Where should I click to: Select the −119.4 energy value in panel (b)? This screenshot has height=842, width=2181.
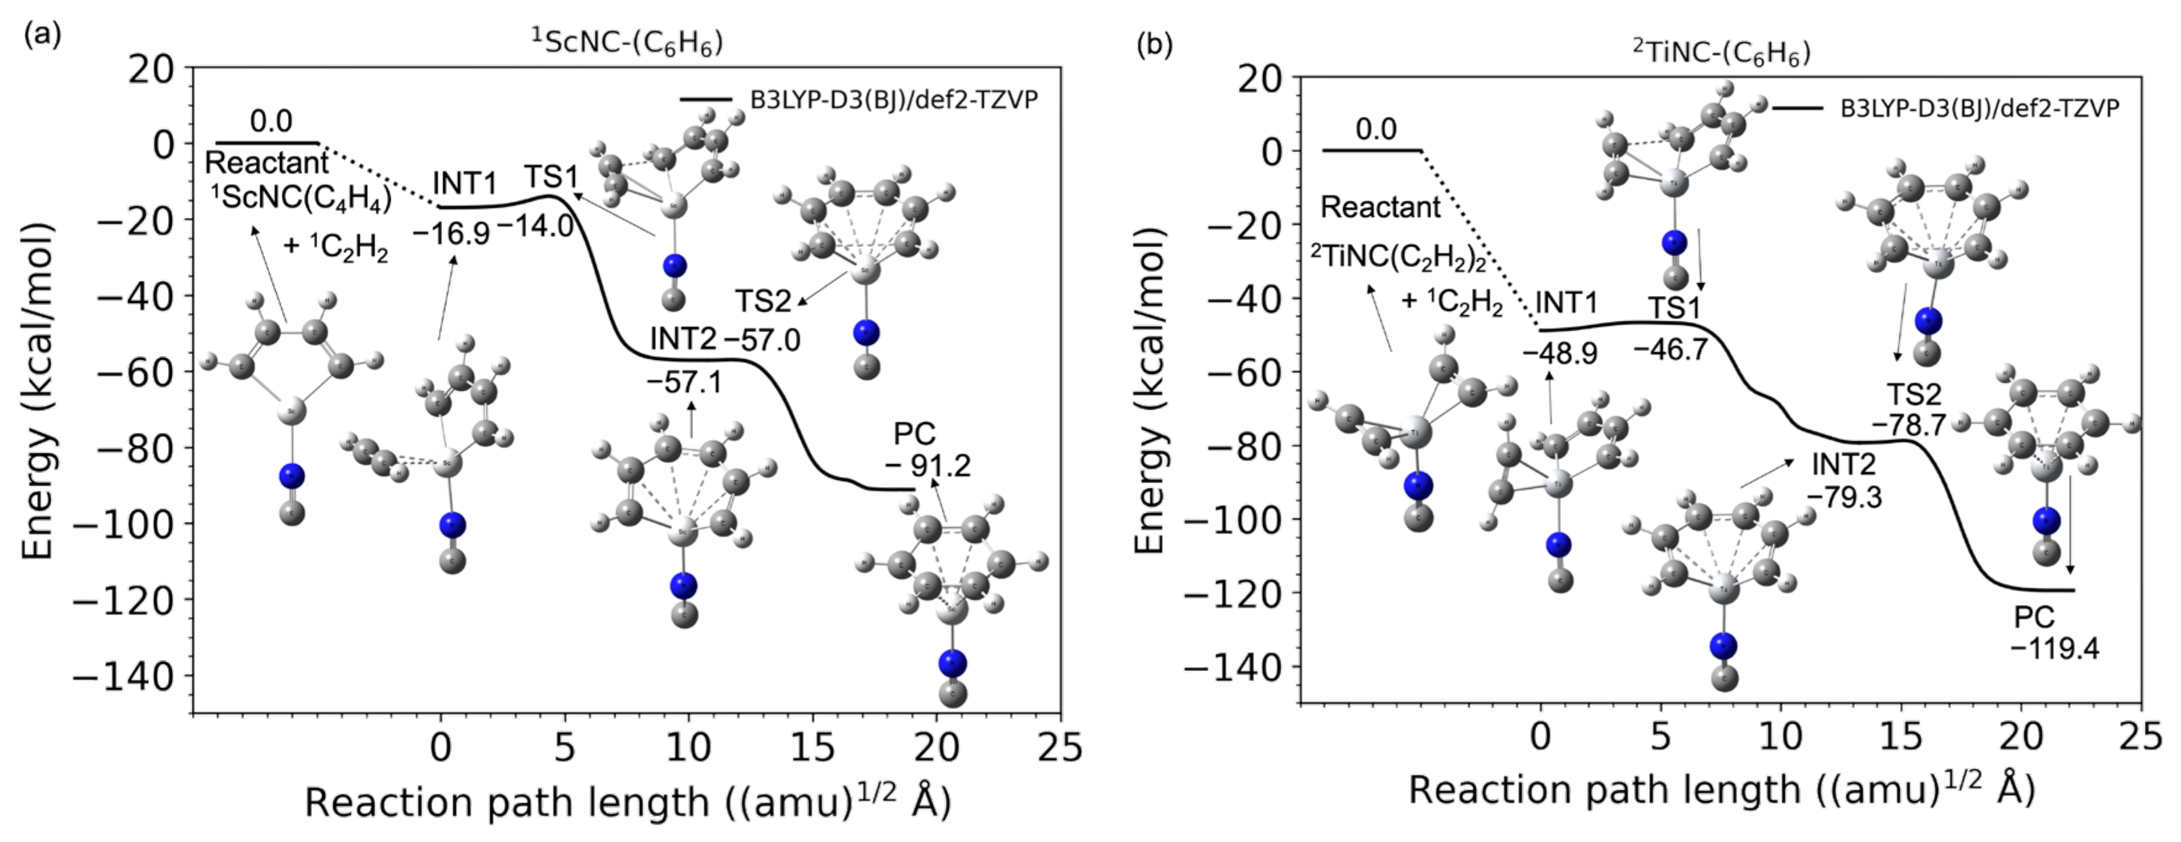point(2055,650)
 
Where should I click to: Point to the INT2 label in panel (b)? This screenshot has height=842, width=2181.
point(1844,464)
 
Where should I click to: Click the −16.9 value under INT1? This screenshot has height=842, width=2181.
point(451,233)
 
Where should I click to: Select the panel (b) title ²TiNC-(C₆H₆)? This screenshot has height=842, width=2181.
point(1721,53)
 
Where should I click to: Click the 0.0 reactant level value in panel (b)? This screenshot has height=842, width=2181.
point(1376,130)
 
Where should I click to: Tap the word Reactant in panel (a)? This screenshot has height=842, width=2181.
point(266,163)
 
